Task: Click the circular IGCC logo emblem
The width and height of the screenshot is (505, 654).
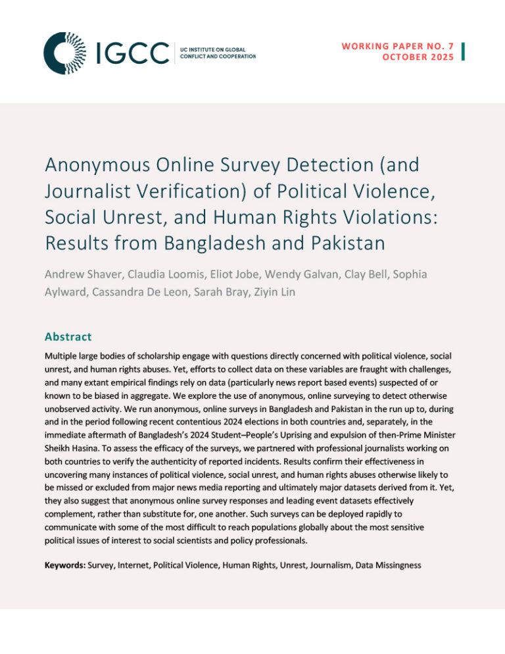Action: pyautogui.click(x=64, y=53)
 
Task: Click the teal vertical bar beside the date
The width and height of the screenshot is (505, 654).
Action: pyautogui.click(x=464, y=52)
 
